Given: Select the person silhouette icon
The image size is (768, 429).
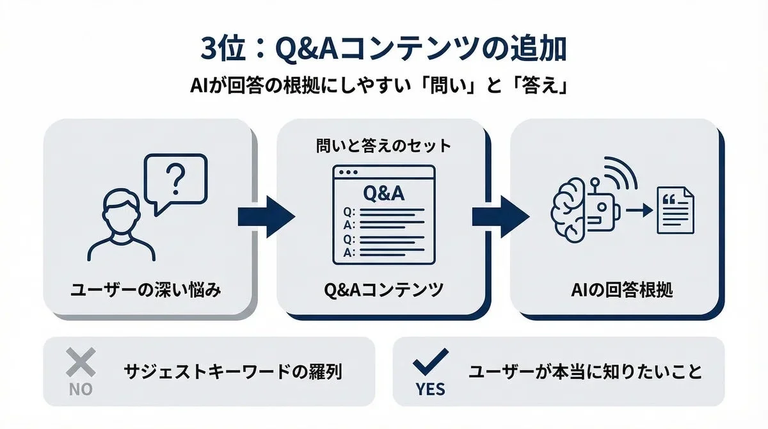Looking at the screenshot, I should point(122,224).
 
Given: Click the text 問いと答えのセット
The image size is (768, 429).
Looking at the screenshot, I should point(383,146).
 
